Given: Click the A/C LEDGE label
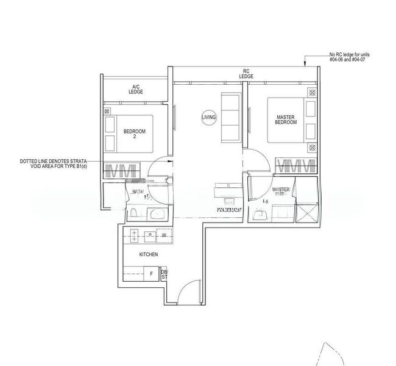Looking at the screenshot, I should [x=135, y=89].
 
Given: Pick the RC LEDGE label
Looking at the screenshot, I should [x=247, y=74].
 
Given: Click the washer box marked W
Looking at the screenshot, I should [x=163, y=234].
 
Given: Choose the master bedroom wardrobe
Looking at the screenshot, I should [x=297, y=166].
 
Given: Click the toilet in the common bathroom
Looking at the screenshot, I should [x=133, y=213].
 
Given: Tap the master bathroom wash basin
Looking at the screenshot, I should [x=260, y=213].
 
